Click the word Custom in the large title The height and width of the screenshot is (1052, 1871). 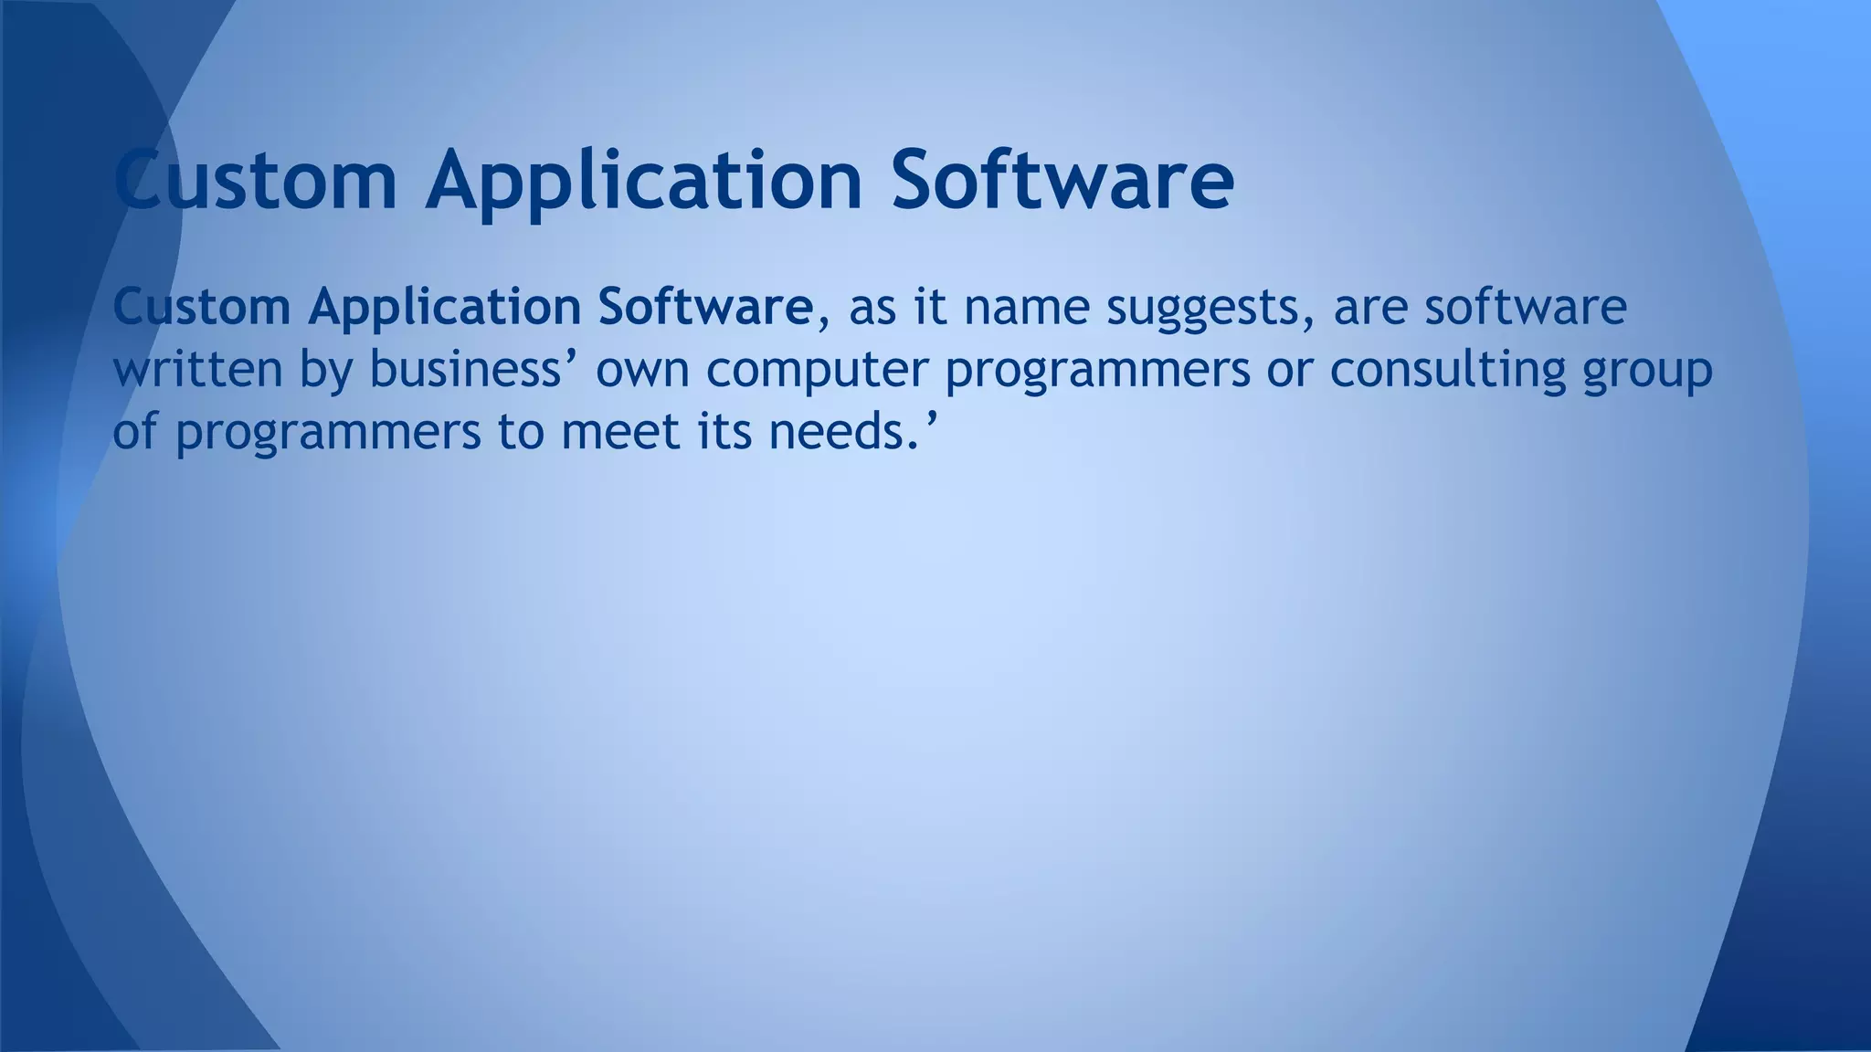tap(256, 179)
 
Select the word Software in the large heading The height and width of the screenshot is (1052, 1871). tap(1062, 179)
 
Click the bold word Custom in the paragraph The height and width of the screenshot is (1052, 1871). tap(202, 307)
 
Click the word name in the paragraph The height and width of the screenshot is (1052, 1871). tap(1026, 309)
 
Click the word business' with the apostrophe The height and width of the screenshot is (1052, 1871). tap(474, 370)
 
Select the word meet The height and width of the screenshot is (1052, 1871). tap(620, 431)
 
